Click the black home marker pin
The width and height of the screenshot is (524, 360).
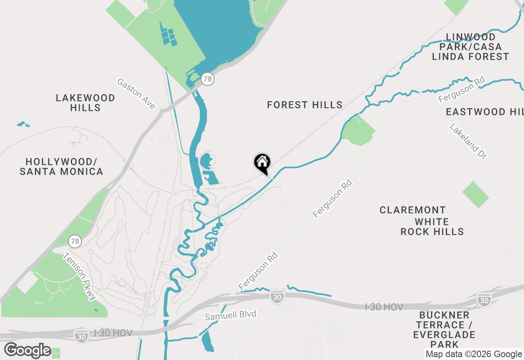pyautogui.click(x=262, y=163)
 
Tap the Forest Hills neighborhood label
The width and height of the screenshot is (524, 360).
pyautogui.click(x=305, y=105)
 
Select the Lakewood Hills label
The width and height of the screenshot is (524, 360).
pyautogui.click(x=86, y=103)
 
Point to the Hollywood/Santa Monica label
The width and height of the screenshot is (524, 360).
pyautogui.click(x=61, y=166)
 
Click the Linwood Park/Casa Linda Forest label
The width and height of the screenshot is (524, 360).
pyautogui.click(x=470, y=47)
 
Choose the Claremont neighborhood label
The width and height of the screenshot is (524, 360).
pyautogui.click(x=412, y=210)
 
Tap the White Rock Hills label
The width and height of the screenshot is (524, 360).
pyautogui.click(x=432, y=227)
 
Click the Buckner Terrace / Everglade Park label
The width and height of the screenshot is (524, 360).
pyautogui.click(x=444, y=330)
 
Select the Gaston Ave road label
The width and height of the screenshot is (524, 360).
pyautogui.click(x=136, y=94)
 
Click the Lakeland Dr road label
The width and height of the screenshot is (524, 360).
pyautogui.click(x=469, y=141)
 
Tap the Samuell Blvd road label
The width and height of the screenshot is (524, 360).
pyautogui.click(x=230, y=315)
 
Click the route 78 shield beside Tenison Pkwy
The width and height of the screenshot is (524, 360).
pyautogui.click(x=75, y=241)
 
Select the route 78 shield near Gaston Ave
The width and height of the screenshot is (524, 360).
pyautogui.click(x=208, y=79)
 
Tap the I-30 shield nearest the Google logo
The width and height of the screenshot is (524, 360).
pyautogui.click(x=81, y=335)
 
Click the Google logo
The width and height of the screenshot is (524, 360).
pyautogui.click(x=28, y=351)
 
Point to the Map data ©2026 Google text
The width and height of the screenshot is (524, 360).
pyautogui.click(x=474, y=354)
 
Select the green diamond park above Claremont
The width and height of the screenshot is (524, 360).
pyautogui.click(x=475, y=194)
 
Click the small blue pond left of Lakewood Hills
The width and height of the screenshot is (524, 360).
pyautogui.click(x=23, y=124)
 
